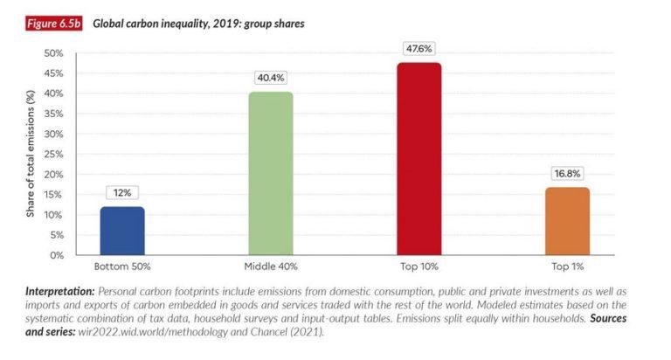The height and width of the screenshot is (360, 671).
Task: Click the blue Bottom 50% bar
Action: [x=122, y=231]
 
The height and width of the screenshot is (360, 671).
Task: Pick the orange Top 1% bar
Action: [x=568, y=221]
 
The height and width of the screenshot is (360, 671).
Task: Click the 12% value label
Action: [x=122, y=193]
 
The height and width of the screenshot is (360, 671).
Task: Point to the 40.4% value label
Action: [x=271, y=79]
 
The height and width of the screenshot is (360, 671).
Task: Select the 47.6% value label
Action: [x=419, y=49]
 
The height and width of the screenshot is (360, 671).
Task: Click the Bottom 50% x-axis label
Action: [x=122, y=266]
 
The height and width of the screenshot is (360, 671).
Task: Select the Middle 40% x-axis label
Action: [x=271, y=266]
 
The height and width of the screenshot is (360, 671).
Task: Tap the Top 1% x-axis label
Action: [x=568, y=266]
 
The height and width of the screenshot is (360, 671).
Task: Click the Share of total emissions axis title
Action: [x=30, y=154]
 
